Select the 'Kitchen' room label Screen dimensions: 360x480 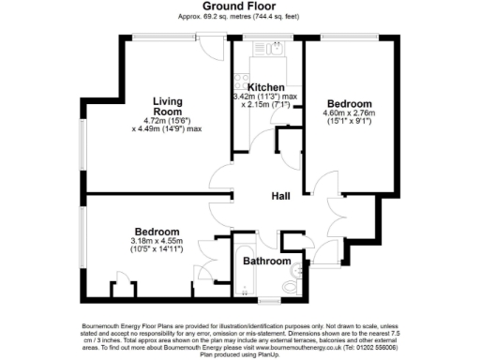pyautogui.click(x=266, y=86)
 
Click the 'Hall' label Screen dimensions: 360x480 pyautogui.click(x=280, y=195)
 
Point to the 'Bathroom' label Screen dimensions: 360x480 pyautogui.click(x=267, y=261)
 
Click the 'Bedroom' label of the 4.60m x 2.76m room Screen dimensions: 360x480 pyautogui.click(x=349, y=102)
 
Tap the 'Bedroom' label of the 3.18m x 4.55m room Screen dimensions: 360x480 pyautogui.click(x=157, y=232)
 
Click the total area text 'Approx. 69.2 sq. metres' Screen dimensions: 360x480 pyautogui.click(x=206, y=17)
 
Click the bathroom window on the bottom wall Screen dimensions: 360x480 pyautogui.click(x=271, y=300)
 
